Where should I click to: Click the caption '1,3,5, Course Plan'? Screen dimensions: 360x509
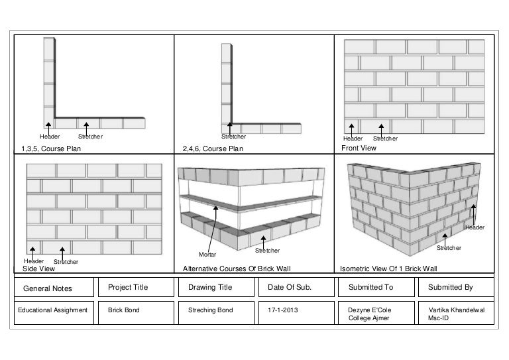pyautogui.click(x=51, y=149)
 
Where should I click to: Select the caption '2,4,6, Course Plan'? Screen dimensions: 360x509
pyautogui.click(x=213, y=149)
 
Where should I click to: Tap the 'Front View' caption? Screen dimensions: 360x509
pyautogui.click(x=359, y=148)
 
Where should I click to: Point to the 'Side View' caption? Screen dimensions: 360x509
pyautogui.click(x=38, y=269)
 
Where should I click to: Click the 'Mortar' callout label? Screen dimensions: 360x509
pyautogui.click(x=207, y=254)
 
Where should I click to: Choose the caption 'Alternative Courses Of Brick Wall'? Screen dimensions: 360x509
pyautogui.click(x=237, y=269)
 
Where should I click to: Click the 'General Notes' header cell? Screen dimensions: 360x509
pyautogui.click(x=48, y=288)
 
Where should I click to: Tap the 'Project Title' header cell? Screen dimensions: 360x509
pyautogui.click(x=128, y=287)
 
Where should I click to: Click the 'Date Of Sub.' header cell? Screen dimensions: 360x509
pyautogui.click(x=290, y=287)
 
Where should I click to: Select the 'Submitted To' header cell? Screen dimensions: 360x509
pyautogui.click(x=370, y=287)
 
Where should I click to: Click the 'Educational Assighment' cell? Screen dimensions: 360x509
pyautogui.click(x=52, y=310)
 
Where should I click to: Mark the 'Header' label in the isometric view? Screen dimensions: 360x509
pyautogui.click(x=475, y=227)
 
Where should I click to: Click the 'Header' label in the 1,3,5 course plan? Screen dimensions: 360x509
pyautogui.click(x=50, y=137)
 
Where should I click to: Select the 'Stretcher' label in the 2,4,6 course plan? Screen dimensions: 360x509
pyautogui.click(x=233, y=137)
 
